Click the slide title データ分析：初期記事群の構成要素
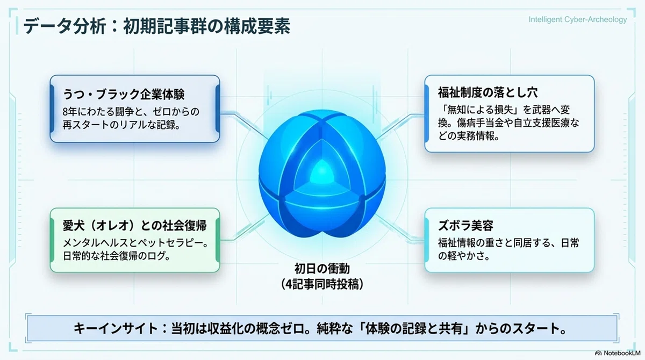pos(156,26)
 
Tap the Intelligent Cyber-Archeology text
pos(578,19)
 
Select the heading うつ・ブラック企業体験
pos(124,94)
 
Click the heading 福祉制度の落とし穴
pos(488,92)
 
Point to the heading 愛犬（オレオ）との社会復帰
pos(135,226)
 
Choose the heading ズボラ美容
pos(465,226)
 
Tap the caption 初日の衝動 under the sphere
pos(322,269)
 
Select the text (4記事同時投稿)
pos(322,285)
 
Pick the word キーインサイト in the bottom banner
pos(116,329)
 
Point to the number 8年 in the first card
pos(70,112)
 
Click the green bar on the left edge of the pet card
pos(52,240)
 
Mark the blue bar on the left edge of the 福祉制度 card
pos(426,114)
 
